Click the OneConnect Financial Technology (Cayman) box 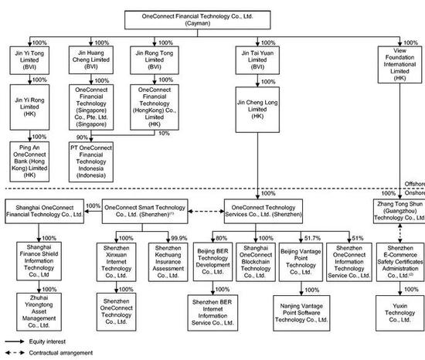197,20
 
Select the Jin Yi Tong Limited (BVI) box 29,60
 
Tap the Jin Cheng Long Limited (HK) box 257,110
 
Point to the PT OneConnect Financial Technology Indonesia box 91,161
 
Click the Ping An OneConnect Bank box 29,161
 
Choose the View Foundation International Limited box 399,64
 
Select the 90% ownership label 82,138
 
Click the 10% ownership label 164,134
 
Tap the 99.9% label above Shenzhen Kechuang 179,238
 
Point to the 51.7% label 312,238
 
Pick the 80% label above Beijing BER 221,238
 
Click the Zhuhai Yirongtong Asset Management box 39,312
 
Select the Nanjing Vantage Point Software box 301,313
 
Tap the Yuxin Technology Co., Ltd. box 400,313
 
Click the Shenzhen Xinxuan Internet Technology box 116,262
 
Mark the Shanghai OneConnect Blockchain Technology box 256,262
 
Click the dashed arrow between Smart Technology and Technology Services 206,211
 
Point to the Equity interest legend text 47,341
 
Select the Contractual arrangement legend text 61,353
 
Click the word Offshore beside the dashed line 415,184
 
